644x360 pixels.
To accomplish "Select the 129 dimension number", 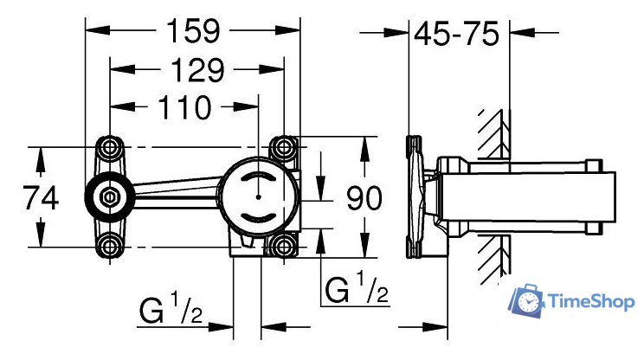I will point(185,70).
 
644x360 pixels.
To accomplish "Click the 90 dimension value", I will point(364,199).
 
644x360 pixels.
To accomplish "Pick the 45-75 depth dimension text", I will point(456,35).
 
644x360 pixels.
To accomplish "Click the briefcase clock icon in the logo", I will point(529,302).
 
